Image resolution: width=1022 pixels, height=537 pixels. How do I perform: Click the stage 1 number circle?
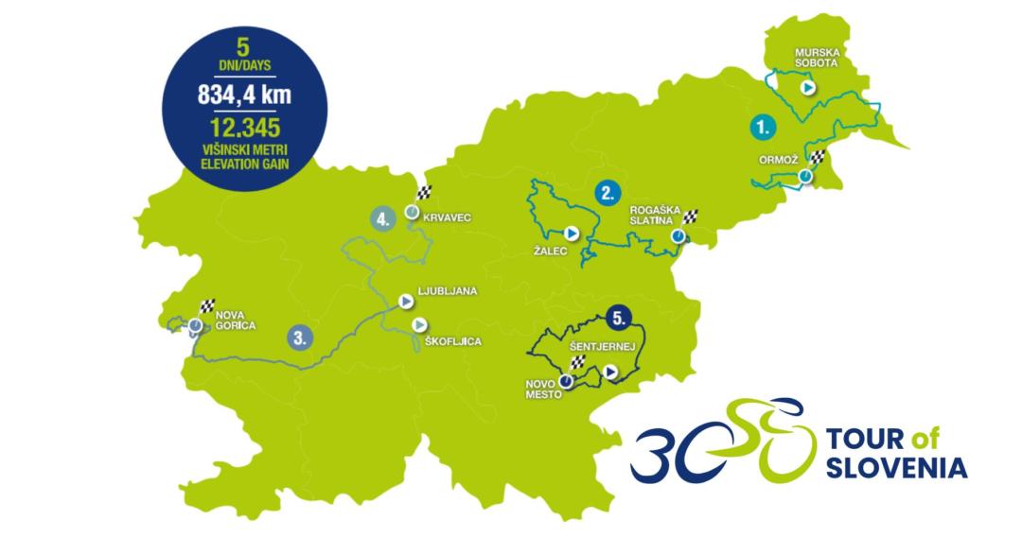[x=761, y=125]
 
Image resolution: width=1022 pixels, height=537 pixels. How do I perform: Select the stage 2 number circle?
[x=607, y=193]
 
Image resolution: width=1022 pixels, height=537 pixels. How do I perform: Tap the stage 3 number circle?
[x=299, y=336]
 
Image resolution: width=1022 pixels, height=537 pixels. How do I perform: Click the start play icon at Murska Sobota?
[x=806, y=86]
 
